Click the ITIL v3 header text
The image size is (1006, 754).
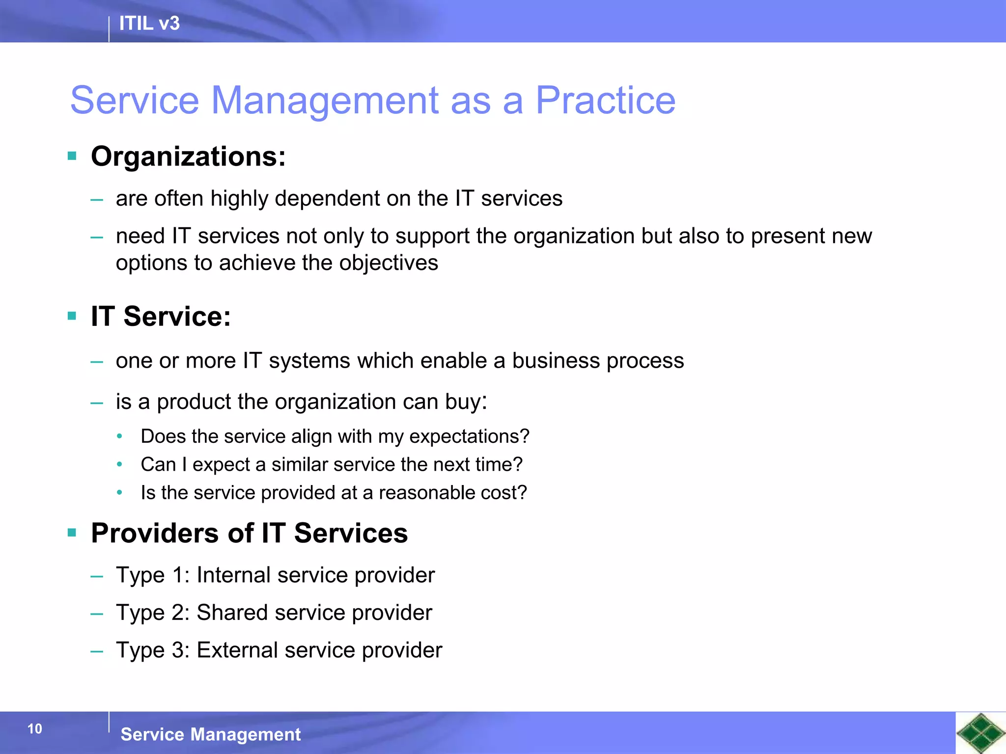click(149, 24)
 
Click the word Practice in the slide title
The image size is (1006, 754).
click(605, 101)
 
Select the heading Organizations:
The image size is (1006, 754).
click(188, 157)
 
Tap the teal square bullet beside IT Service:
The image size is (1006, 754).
click(72, 316)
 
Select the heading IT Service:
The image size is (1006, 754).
click(161, 316)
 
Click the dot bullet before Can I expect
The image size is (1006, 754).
click(119, 464)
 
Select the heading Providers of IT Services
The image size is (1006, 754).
click(249, 533)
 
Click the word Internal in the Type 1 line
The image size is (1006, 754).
click(233, 575)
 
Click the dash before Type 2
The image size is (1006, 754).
click(97, 614)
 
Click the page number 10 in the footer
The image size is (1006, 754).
click(35, 729)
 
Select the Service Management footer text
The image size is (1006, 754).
click(210, 734)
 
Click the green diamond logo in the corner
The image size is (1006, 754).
click(980, 733)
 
